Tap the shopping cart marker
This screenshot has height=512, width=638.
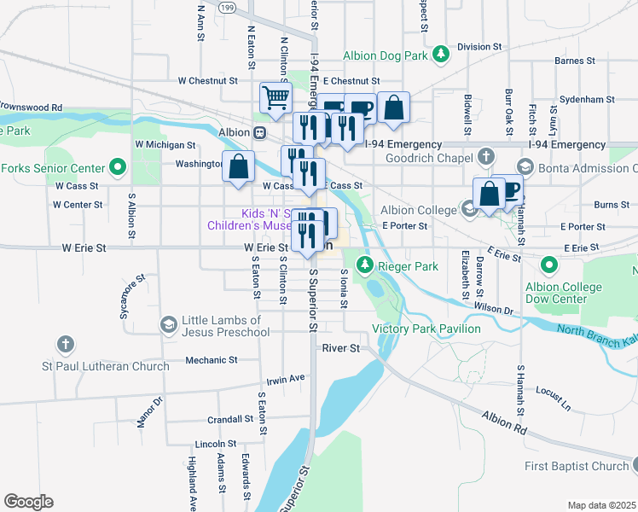[276, 98]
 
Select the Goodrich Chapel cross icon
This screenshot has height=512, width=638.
[485, 157]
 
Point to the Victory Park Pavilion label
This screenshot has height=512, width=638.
[426, 329]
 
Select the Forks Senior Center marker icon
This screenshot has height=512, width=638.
[118, 168]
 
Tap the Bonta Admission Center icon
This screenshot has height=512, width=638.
[525, 168]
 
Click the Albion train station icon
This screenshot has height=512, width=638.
[258, 133]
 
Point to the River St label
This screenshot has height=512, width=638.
[341, 348]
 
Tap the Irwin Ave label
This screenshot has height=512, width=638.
[285, 378]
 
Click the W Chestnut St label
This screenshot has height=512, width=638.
[207, 80]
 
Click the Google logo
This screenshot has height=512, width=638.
[28, 502]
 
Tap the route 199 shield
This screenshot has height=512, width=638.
[226, 7]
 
